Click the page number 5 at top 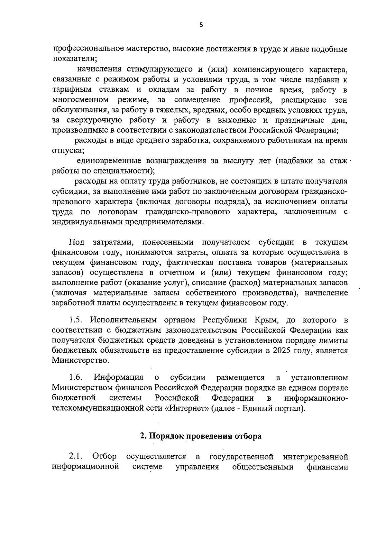tap(201, 25)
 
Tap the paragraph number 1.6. tap(76, 377)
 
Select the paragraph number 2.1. tap(76, 456)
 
